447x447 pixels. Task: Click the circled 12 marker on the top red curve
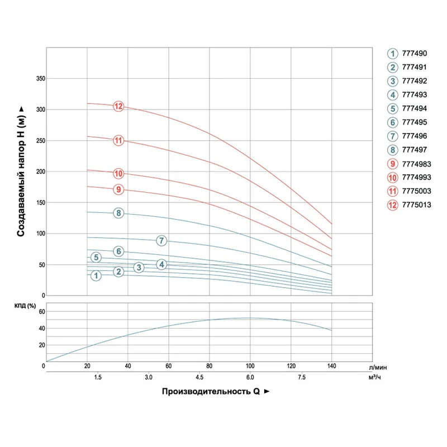(118, 106)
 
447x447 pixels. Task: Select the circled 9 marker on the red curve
(118, 189)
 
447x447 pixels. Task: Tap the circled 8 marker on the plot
(118, 213)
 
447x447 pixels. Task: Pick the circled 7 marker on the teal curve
(161, 241)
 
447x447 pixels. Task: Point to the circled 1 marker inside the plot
(96, 275)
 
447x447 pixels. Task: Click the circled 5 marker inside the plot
(96, 258)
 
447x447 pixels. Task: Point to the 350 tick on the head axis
(40, 79)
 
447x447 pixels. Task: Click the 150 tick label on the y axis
(40, 203)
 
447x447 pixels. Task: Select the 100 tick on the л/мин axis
(250, 366)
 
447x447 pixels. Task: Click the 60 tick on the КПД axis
(41, 311)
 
